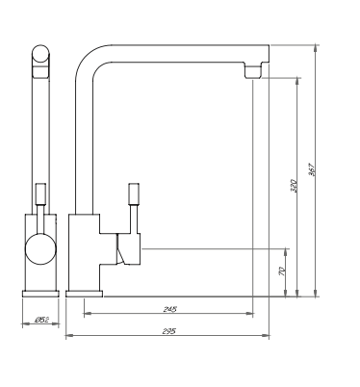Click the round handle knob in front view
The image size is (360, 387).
click(x=40, y=251)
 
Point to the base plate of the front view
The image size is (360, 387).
click(x=40, y=291)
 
